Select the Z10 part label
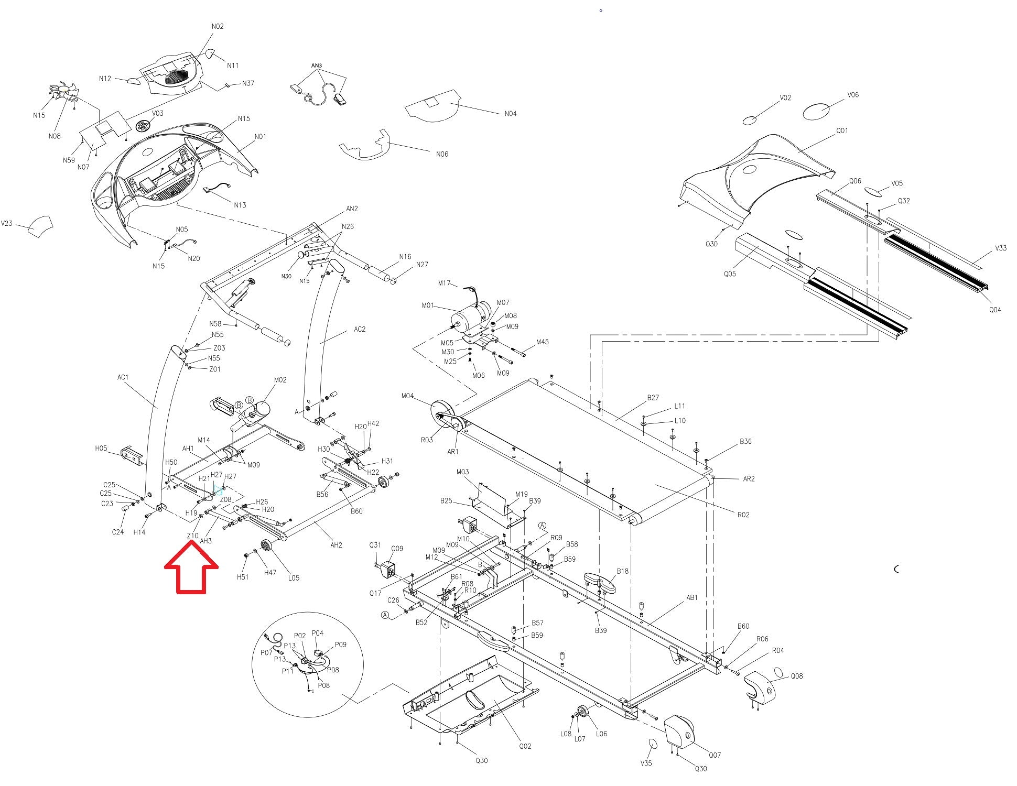[192, 536]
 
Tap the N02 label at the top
[218, 26]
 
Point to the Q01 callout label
[842, 130]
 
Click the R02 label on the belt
[743, 515]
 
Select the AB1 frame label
[692, 597]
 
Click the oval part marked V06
[817, 111]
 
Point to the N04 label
[510, 113]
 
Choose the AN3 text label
[317, 65]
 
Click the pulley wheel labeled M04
[443, 414]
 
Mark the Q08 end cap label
[796, 676]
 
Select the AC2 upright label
[360, 329]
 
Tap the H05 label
[101, 448]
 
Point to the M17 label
[445, 283]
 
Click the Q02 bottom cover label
[525, 746]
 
